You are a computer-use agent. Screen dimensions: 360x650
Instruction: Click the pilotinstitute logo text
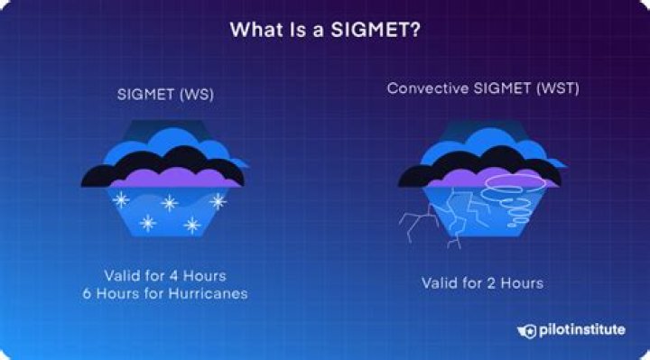pos(583,330)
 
